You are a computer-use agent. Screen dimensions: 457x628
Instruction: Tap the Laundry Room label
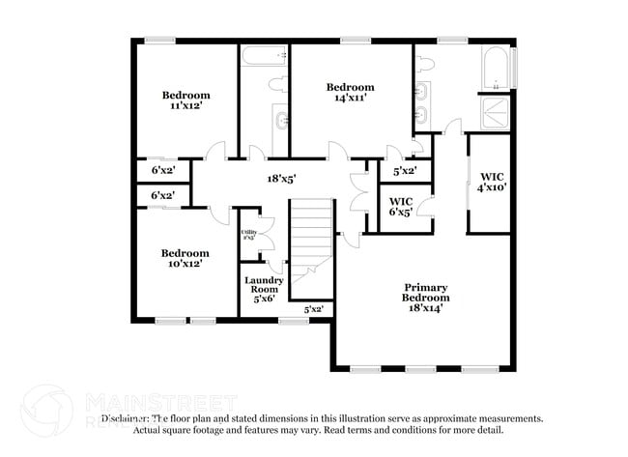coord(264,289)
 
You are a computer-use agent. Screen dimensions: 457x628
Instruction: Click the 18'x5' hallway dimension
coord(280,178)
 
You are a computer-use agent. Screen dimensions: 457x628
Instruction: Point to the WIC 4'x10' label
coord(493,181)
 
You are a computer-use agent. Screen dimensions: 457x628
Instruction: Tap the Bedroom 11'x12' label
coord(186,100)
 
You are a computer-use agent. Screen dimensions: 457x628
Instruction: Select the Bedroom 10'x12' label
coord(185,258)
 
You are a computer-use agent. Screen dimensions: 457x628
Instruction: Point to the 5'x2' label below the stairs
coord(313,310)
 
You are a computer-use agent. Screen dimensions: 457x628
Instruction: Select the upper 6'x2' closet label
coord(161,170)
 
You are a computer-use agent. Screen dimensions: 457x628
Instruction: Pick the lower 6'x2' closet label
coord(161,195)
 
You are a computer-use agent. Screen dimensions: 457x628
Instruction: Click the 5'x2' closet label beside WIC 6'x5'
coord(405,171)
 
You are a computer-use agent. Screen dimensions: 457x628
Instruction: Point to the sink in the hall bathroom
coord(280,120)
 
